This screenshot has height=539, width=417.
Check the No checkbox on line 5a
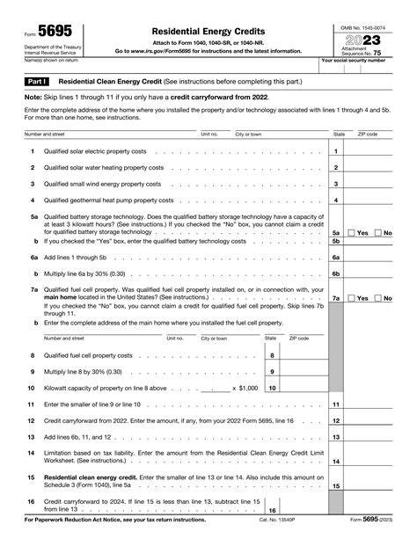[379, 232]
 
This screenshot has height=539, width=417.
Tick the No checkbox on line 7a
[379, 299]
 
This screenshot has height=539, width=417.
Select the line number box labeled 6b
[335, 274]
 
